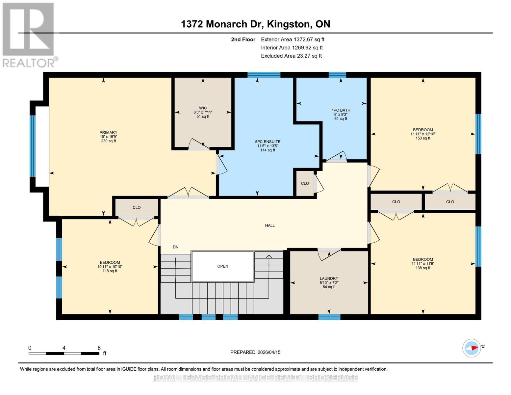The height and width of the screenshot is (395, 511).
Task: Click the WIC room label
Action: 203,108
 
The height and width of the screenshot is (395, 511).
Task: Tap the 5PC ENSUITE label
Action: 268,142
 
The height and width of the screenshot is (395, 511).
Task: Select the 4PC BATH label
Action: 341,110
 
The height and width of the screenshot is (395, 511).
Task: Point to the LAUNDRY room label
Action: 329,278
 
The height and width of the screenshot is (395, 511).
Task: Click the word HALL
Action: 270,225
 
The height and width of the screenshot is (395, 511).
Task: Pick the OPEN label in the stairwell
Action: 222,266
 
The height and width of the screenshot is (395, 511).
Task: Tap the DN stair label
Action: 176,247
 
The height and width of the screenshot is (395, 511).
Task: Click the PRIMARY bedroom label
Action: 108,132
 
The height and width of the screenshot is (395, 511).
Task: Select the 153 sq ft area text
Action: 423,138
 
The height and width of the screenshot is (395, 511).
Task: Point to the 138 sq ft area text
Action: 423,268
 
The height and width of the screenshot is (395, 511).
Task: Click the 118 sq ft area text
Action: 110,271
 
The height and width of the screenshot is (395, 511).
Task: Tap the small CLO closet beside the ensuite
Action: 305,183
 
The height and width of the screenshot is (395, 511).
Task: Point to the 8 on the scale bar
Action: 99,348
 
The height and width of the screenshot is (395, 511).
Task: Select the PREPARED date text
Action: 255,352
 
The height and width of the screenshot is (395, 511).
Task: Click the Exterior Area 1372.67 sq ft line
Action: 293,39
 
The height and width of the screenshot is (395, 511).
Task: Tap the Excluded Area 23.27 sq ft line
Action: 291,56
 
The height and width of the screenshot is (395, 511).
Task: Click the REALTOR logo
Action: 30,35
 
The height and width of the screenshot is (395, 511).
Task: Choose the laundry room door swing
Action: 329,254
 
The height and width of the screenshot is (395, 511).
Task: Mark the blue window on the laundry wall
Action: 329,317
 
